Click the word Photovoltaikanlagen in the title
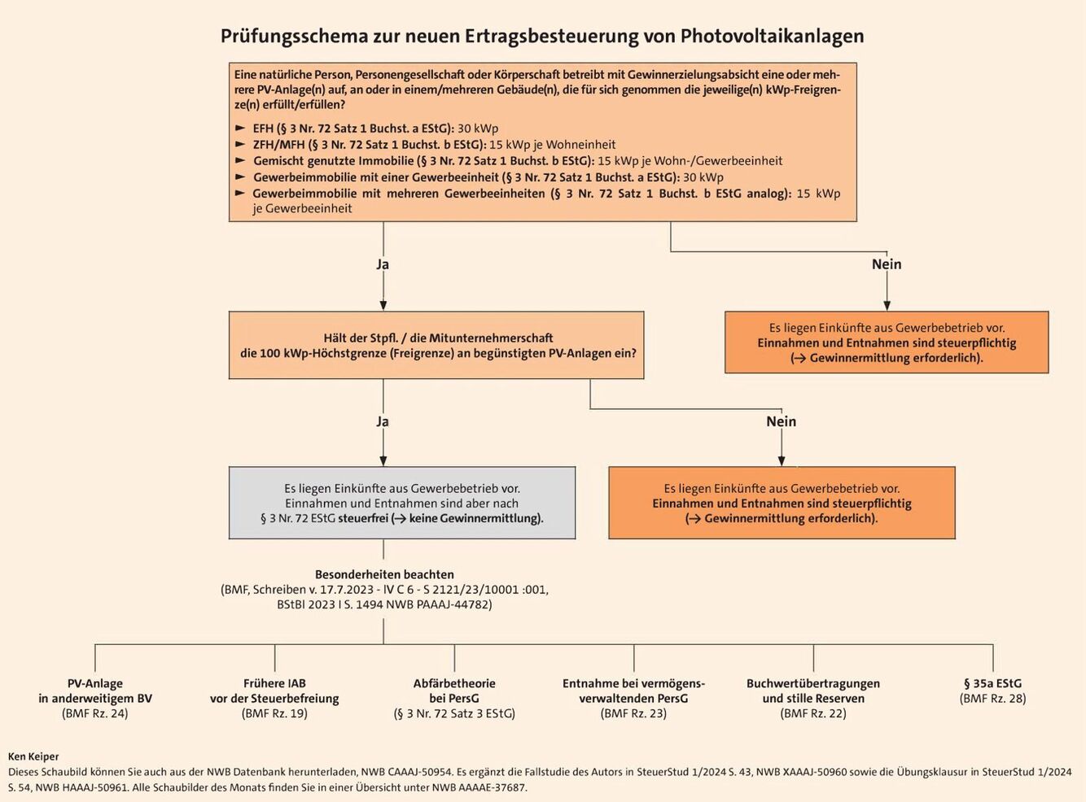[x=772, y=37]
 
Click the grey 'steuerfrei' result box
[x=402, y=503]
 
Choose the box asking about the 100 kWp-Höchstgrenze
[x=436, y=346]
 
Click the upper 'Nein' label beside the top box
[x=887, y=264]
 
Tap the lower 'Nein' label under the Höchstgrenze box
[x=781, y=421]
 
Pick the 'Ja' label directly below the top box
[x=383, y=264]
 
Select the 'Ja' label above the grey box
[x=383, y=421]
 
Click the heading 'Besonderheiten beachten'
[x=384, y=574]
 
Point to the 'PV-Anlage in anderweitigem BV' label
[x=95, y=691]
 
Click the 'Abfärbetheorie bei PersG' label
[x=454, y=691]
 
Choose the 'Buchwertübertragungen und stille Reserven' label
[x=813, y=691]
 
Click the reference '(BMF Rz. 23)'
[x=633, y=713]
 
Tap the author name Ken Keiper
[x=33, y=756]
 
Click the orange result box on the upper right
[x=887, y=342]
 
